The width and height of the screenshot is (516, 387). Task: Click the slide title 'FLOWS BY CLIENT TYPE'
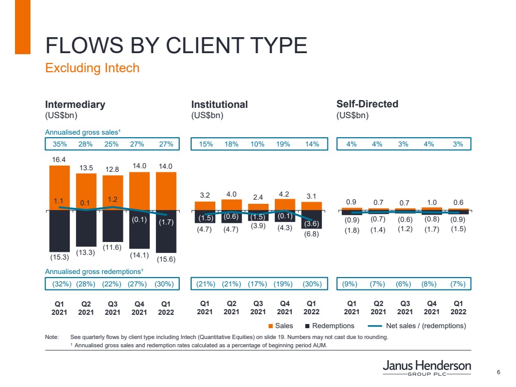pyautogui.click(x=176, y=45)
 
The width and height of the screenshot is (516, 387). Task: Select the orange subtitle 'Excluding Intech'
pyautogui.click(x=92, y=68)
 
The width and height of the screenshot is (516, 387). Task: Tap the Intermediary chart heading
pyautogui.click(x=75, y=104)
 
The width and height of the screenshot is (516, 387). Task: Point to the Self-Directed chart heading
pyautogui.click(x=367, y=104)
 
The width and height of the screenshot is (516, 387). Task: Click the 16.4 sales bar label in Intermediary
pyautogui.click(x=59, y=160)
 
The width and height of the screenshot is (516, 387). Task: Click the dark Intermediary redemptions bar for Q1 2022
pyautogui.click(x=166, y=232)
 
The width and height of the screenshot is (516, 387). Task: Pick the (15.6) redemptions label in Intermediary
pyautogui.click(x=166, y=260)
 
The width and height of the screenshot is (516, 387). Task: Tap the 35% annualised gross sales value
pyautogui.click(x=59, y=144)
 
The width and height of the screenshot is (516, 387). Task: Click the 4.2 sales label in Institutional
pyautogui.click(x=285, y=194)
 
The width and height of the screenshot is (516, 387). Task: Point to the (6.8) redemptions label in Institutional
pyautogui.click(x=311, y=234)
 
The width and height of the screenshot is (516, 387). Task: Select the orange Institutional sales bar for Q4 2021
pyautogui.click(x=285, y=205)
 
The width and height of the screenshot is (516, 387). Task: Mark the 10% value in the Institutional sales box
pyautogui.click(x=258, y=144)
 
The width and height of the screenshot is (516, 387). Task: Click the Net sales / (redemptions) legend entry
pyautogui.click(x=418, y=326)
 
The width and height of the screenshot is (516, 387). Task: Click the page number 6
pyautogui.click(x=498, y=373)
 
